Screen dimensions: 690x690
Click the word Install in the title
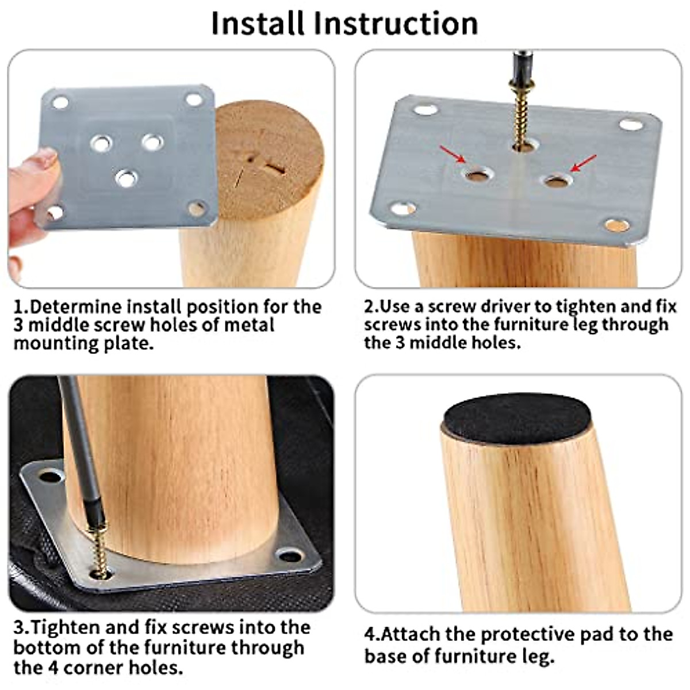tap(257, 23)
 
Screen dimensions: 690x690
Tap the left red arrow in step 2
tap(454, 156)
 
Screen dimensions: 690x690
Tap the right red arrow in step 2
tap(583, 163)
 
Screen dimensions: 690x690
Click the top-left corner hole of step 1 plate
tap(60, 103)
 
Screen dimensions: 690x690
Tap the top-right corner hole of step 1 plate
tap(194, 99)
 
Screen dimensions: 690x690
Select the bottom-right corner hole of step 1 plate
tap(197, 208)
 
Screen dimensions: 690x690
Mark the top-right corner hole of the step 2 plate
tap(631, 124)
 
